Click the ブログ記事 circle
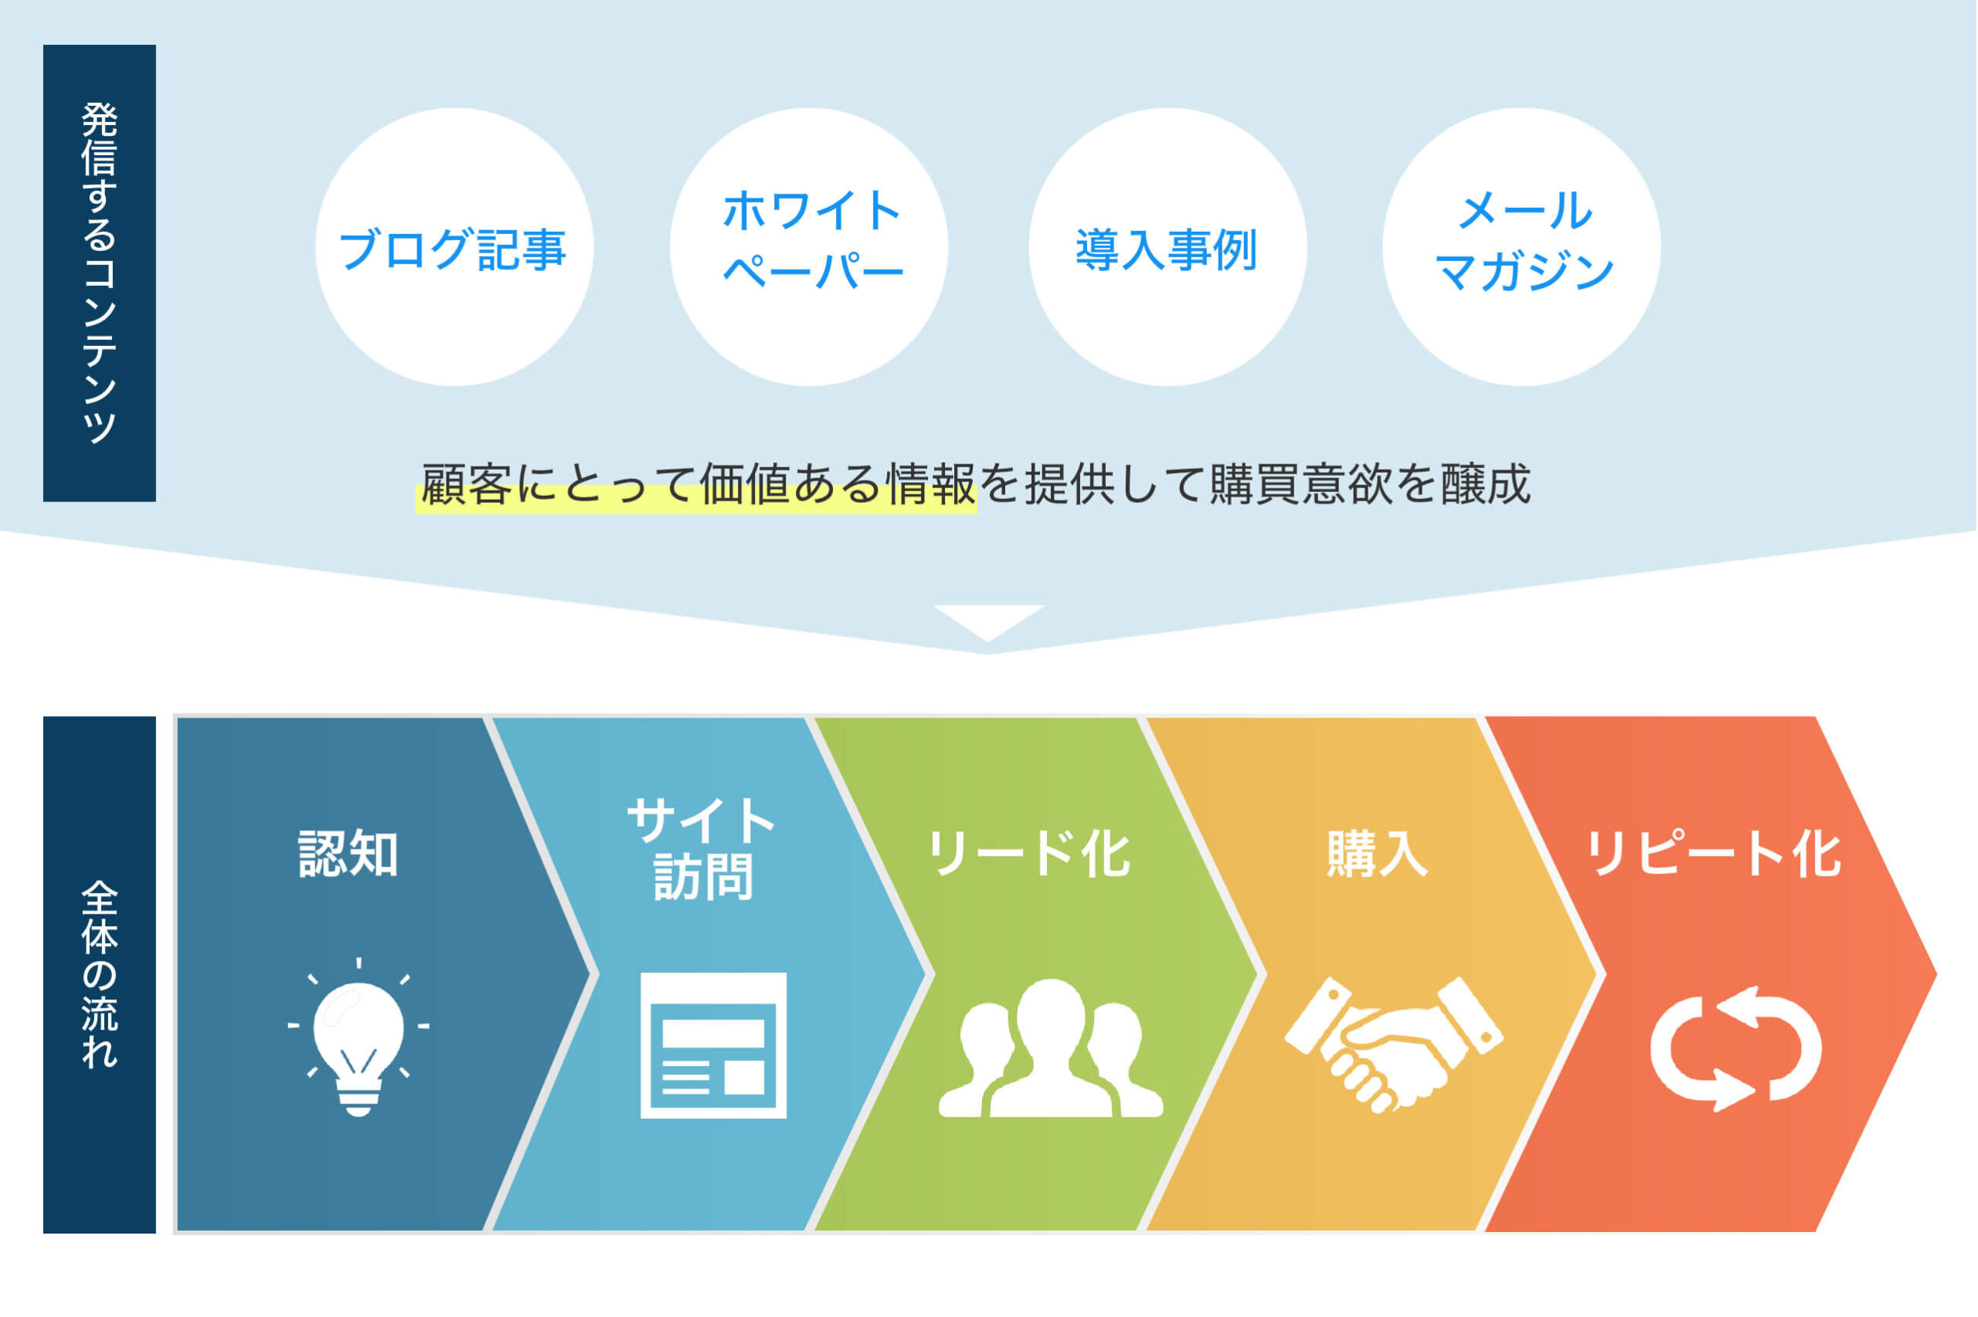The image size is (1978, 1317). [454, 247]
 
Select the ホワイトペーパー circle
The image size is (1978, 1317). [809, 247]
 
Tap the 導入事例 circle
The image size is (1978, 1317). [1167, 247]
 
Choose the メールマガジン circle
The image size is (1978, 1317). [1521, 247]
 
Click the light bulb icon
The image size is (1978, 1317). [359, 1037]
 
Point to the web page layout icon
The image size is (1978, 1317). [713, 1045]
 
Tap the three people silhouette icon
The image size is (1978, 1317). [1051, 1047]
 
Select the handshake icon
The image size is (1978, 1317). [1393, 1044]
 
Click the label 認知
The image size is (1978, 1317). [348, 854]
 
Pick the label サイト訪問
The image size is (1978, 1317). [702, 848]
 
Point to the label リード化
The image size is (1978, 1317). [1028, 854]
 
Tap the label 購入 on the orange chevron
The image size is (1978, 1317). [1377, 854]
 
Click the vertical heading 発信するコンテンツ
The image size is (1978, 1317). [99, 273]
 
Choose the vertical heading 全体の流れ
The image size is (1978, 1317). [99, 974]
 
